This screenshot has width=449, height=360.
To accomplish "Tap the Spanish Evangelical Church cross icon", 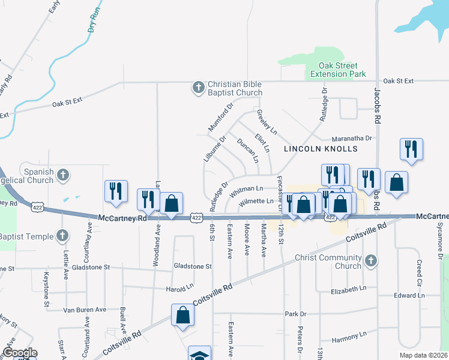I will (62, 175).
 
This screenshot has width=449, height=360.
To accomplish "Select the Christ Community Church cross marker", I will (371, 260).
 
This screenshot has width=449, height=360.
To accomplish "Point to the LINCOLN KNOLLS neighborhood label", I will (321, 148).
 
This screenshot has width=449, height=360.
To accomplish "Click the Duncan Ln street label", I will (247, 151).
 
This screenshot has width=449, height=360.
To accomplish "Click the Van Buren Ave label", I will (84, 310).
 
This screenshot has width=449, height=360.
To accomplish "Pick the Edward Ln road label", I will (409, 296).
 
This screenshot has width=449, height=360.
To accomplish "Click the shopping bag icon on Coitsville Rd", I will (182, 314).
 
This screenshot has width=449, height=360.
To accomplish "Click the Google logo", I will (20, 353).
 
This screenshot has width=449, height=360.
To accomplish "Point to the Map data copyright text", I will (423, 355).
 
